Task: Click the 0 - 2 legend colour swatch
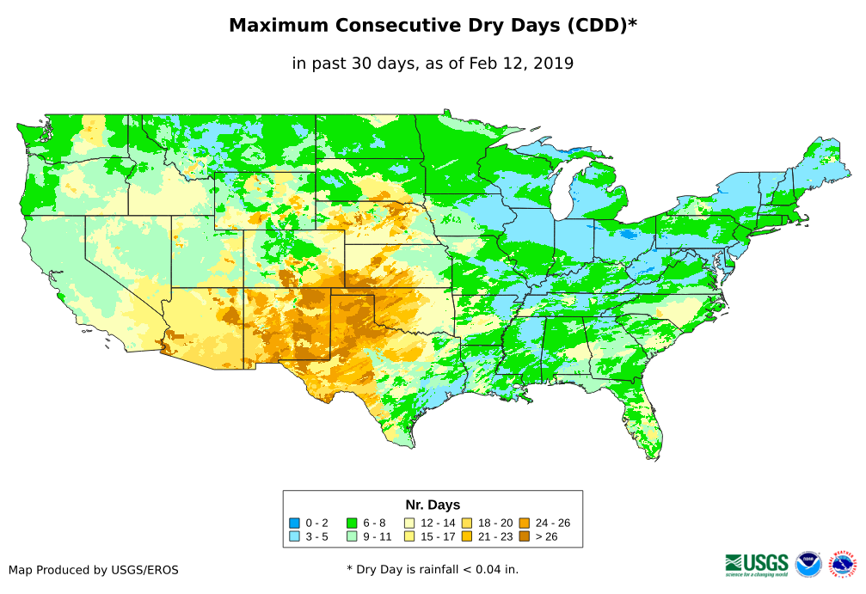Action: point(295,523)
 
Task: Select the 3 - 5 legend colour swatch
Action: point(295,536)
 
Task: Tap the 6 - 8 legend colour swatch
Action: point(352,523)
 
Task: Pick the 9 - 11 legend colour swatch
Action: point(352,536)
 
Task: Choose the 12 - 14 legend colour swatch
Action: point(409,523)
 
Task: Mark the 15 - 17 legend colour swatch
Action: point(409,536)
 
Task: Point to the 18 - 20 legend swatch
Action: point(467,523)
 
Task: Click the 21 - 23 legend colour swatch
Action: point(467,536)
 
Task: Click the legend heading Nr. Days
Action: point(433,505)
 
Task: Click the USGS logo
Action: point(757,564)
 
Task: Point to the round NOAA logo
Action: point(808,564)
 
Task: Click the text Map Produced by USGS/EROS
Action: point(94,570)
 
